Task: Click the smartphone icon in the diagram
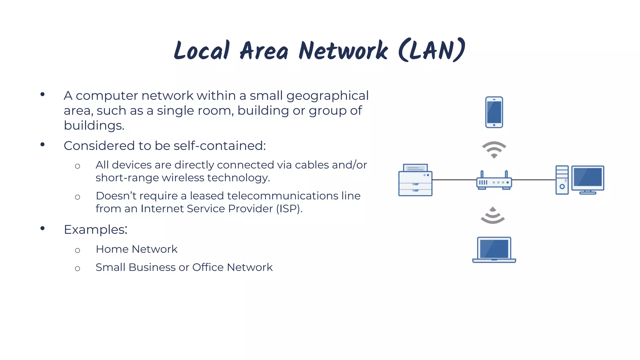(x=494, y=112)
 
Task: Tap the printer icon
(x=415, y=180)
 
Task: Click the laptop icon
(x=494, y=250)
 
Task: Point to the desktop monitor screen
(x=587, y=177)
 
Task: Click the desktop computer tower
(x=562, y=180)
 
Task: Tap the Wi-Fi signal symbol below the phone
(x=494, y=149)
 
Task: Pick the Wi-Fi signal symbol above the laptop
(x=493, y=216)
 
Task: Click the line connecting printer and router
(x=454, y=180)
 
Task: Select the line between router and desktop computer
(x=534, y=180)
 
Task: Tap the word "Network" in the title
(x=343, y=51)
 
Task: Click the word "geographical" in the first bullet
(x=327, y=96)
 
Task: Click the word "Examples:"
(x=96, y=229)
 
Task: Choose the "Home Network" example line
(x=137, y=249)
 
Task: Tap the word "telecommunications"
(x=282, y=196)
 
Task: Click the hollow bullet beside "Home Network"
(x=77, y=250)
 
